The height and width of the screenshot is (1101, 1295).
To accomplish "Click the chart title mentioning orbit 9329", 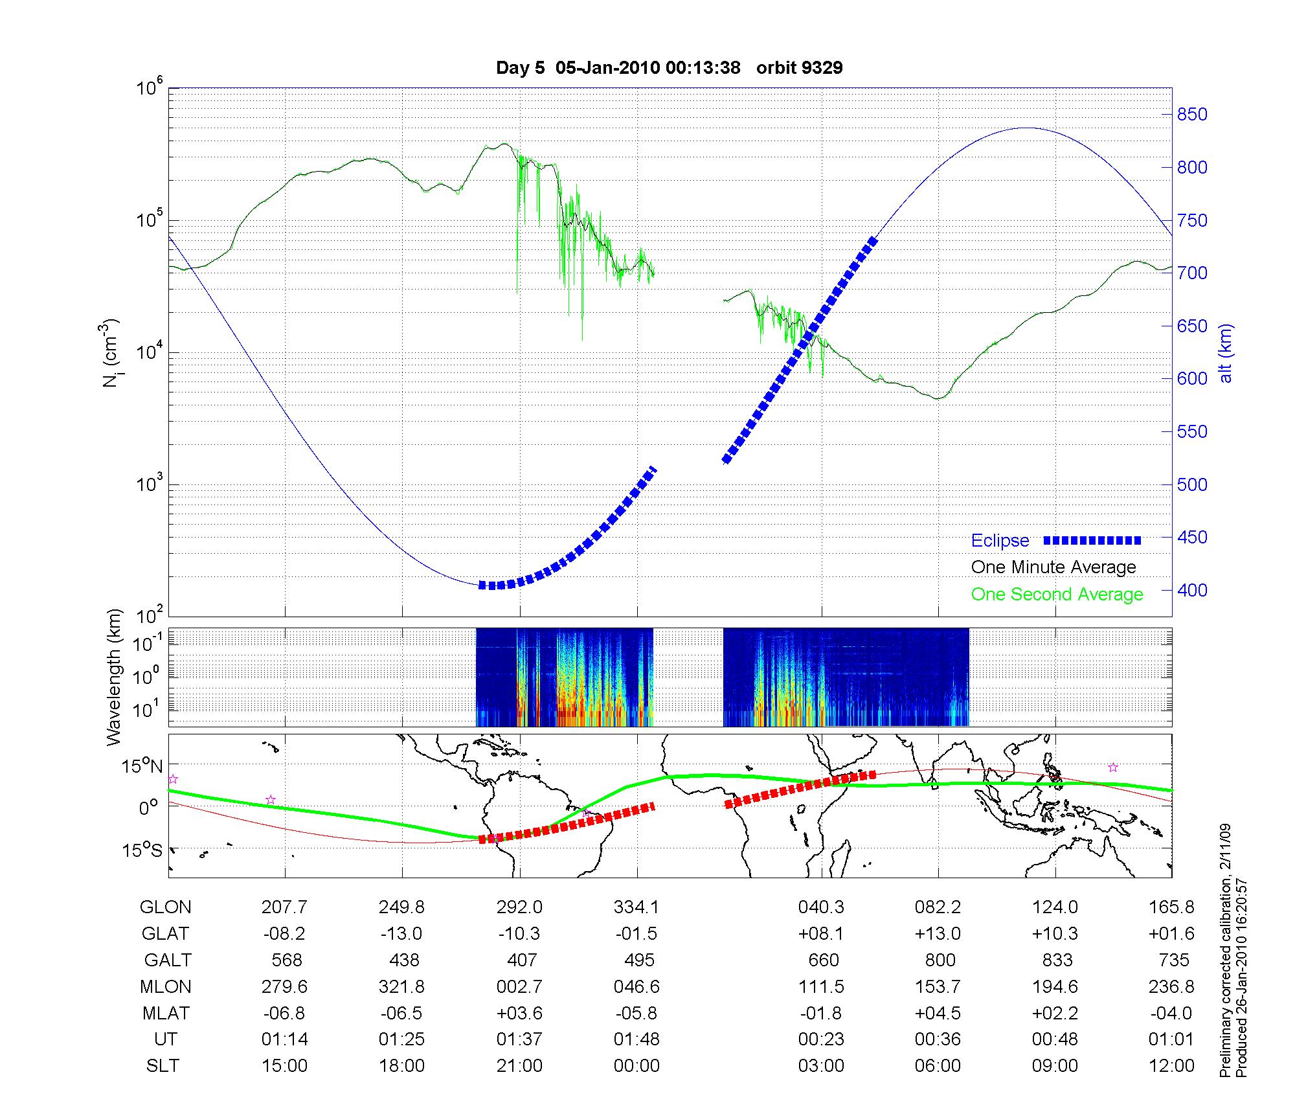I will (x=669, y=67).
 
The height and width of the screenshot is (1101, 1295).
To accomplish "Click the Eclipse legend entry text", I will (x=1000, y=540).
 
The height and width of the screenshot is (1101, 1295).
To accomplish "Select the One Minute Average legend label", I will (x=1053, y=567).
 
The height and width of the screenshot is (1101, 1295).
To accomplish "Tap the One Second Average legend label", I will (x=1057, y=594).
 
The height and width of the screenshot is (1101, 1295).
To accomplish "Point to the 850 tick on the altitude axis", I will (x=1192, y=115).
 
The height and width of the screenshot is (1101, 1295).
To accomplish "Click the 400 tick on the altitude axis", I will (x=1192, y=590).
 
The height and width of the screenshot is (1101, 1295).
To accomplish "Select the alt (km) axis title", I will (x=1226, y=354).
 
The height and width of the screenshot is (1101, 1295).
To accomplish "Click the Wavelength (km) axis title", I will (x=115, y=677).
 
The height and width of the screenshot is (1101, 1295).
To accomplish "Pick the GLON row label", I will (x=165, y=907).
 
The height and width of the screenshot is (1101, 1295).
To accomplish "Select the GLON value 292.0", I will (x=520, y=907).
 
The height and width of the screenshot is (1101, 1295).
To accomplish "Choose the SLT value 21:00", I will (x=519, y=1065).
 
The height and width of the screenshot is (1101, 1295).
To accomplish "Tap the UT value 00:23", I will (x=821, y=1039).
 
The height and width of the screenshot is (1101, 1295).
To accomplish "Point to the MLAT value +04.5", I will (x=938, y=1013).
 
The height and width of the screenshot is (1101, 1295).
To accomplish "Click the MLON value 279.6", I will (x=285, y=986).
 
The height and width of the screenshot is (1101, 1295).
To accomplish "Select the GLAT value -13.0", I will (x=401, y=933).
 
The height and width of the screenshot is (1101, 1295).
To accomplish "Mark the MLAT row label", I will (x=165, y=1013).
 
